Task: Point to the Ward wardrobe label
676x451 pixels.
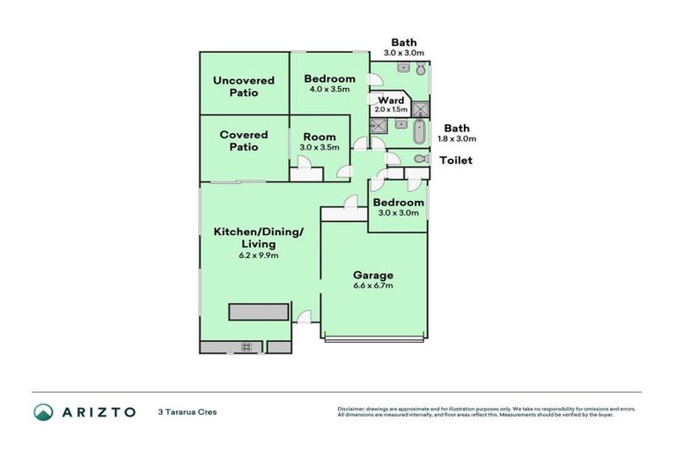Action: (391, 100)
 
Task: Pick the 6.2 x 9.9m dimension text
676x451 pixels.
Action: (258, 255)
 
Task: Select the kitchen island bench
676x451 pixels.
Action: (259, 312)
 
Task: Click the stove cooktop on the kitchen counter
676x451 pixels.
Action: (246, 346)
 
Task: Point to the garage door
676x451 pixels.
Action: (376, 338)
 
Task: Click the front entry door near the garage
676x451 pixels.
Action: (305, 318)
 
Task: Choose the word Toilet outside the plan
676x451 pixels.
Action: (456, 160)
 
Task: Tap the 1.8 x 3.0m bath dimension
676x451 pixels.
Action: (458, 138)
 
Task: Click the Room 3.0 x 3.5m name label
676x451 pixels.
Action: (319, 137)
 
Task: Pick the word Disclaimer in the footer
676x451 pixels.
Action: (353, 409)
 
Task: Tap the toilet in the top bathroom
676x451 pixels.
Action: (421, 69)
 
